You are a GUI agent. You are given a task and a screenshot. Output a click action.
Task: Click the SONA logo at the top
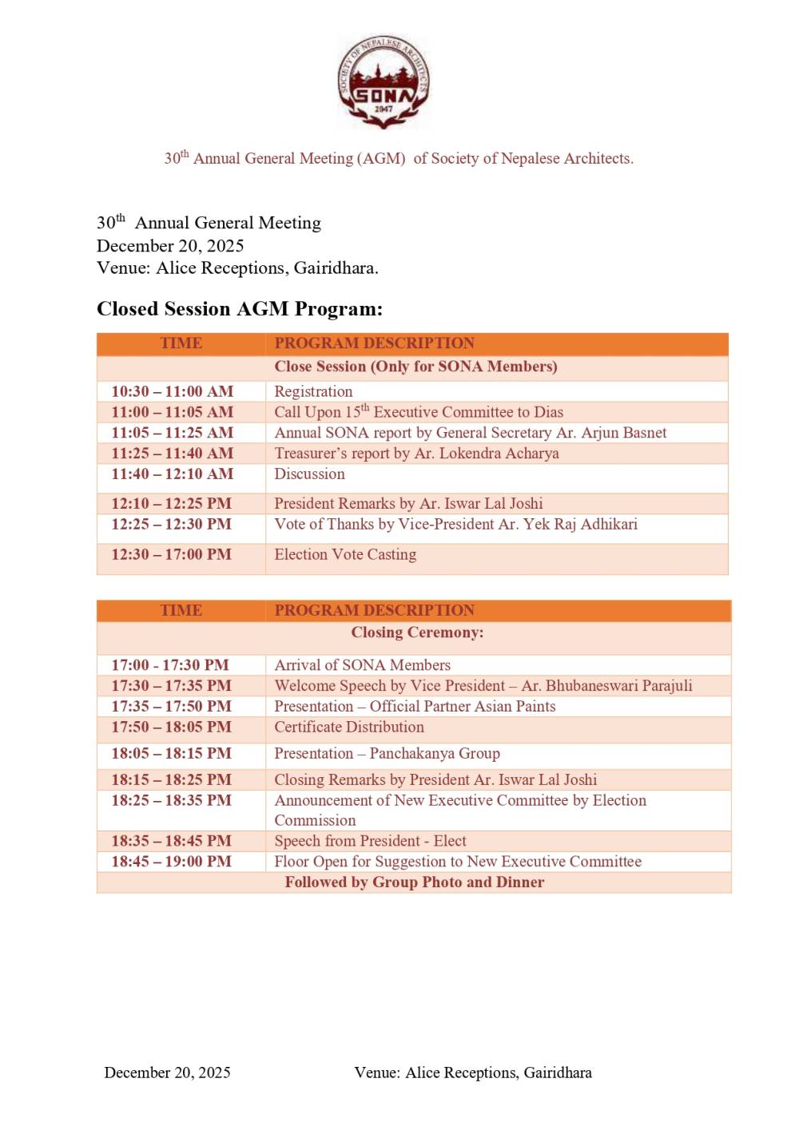pyautogui.click(x=384, y=82)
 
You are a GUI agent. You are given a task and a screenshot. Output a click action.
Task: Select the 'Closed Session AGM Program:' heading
pyautogui.click(x=240, y=309)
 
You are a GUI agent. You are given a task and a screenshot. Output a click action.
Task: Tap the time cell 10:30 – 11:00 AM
pyautogui.click(x=173, y=391)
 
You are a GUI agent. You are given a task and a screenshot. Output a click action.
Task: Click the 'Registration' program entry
pyautogui.click(x=313, y=391)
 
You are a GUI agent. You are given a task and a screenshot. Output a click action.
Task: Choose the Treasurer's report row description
pyautogui.click(x=416, y=454)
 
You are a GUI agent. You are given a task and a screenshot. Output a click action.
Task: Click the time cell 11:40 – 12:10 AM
pyautogui.click(x=173, y=474)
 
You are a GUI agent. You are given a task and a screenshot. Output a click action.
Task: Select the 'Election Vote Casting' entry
pyautogui.click(x=345, y=554)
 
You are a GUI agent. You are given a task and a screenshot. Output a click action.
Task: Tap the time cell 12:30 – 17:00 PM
pyautogui.click(x=172, y=554)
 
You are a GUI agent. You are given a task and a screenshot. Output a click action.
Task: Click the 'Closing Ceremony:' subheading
pyautogui.click(x=417, y=632)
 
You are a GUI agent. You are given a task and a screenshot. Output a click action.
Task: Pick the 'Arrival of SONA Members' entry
pyautogui.click(x=362, y=665)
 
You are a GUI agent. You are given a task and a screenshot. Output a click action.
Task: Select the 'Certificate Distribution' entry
pyautogui.click(x=349, y=728)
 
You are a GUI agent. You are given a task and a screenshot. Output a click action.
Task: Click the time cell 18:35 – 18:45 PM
pyautogui.click(x=172, y=841)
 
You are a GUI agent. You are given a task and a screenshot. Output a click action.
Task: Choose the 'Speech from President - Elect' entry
pyautogui.click(x=370, y=841)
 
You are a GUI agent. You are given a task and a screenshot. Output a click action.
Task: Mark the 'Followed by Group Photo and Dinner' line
pyautogui.click(x=415, y=882)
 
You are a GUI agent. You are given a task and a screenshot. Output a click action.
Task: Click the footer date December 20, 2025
pyautogui.click(x=167, y=1073)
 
